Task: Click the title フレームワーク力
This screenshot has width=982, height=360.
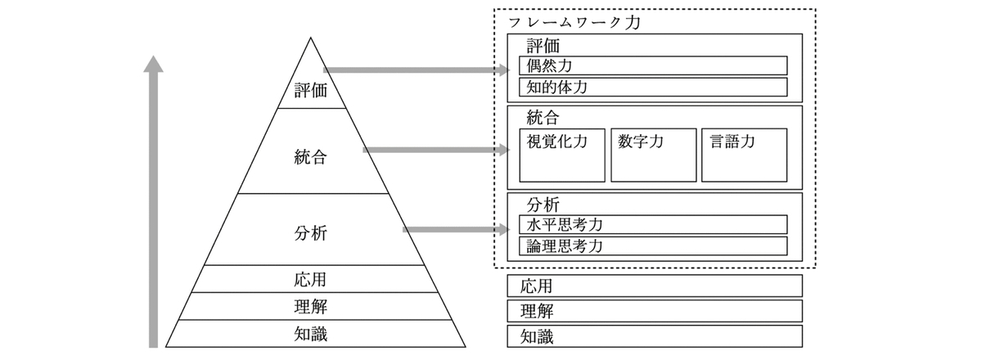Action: click(574, 22)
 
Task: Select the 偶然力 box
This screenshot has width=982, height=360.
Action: click(653, 65)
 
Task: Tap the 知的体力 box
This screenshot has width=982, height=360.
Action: click(653, 87)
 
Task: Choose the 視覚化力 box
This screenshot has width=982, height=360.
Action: click(562, 155)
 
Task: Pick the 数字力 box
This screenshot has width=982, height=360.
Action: click(654, 155)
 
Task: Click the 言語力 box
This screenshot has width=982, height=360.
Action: click(745, 155)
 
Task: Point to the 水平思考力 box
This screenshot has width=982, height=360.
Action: click(653, 224)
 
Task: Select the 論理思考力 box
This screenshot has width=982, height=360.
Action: click(653, 246)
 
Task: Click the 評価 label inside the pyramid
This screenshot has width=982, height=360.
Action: click(311, 90)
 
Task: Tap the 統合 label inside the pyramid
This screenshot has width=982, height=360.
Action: click(311, 156)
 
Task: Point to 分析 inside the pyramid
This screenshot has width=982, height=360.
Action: click(311, 233)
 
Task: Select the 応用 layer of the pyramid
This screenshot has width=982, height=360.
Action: click(314, 279)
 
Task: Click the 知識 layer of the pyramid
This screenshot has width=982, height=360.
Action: click(315, 334)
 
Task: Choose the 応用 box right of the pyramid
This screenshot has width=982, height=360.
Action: click(655, 286)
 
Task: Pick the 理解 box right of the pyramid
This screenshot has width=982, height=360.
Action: click(655, 311)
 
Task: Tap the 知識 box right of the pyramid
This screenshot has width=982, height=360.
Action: click(655, 336)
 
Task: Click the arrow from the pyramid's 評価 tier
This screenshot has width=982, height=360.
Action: click(417, 70)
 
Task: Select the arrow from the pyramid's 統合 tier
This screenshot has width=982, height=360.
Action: click(436, 150)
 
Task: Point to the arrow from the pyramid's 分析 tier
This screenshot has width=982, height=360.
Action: click(457, 229)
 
